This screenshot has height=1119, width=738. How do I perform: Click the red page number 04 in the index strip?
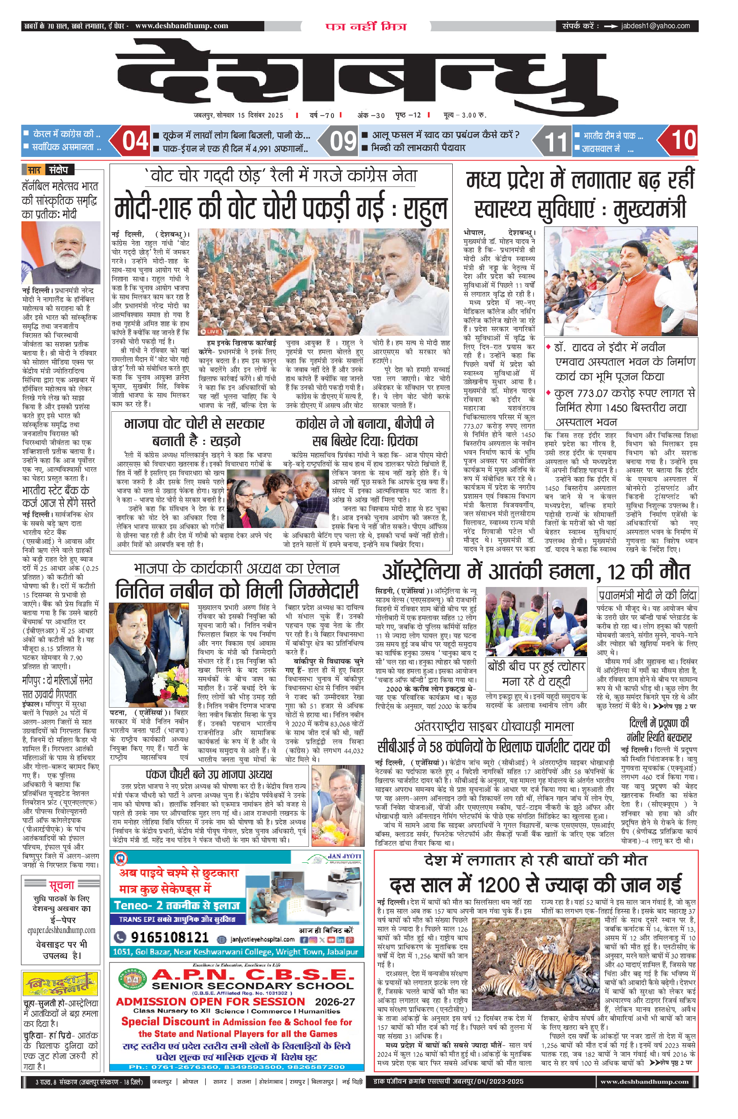[x=135, y=141]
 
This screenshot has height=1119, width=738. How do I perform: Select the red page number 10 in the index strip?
[x=683, y=140]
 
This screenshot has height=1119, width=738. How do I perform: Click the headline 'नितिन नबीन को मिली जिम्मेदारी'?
[x=237, y=591]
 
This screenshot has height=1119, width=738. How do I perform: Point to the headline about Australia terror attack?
[x=536, y=571]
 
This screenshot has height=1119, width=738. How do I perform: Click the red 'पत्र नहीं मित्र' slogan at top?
[x=366, y=26]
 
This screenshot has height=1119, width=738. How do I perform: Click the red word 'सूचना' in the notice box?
[x=62, y=885]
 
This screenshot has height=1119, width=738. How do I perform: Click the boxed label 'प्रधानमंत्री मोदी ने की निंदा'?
[x=646, y=595]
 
